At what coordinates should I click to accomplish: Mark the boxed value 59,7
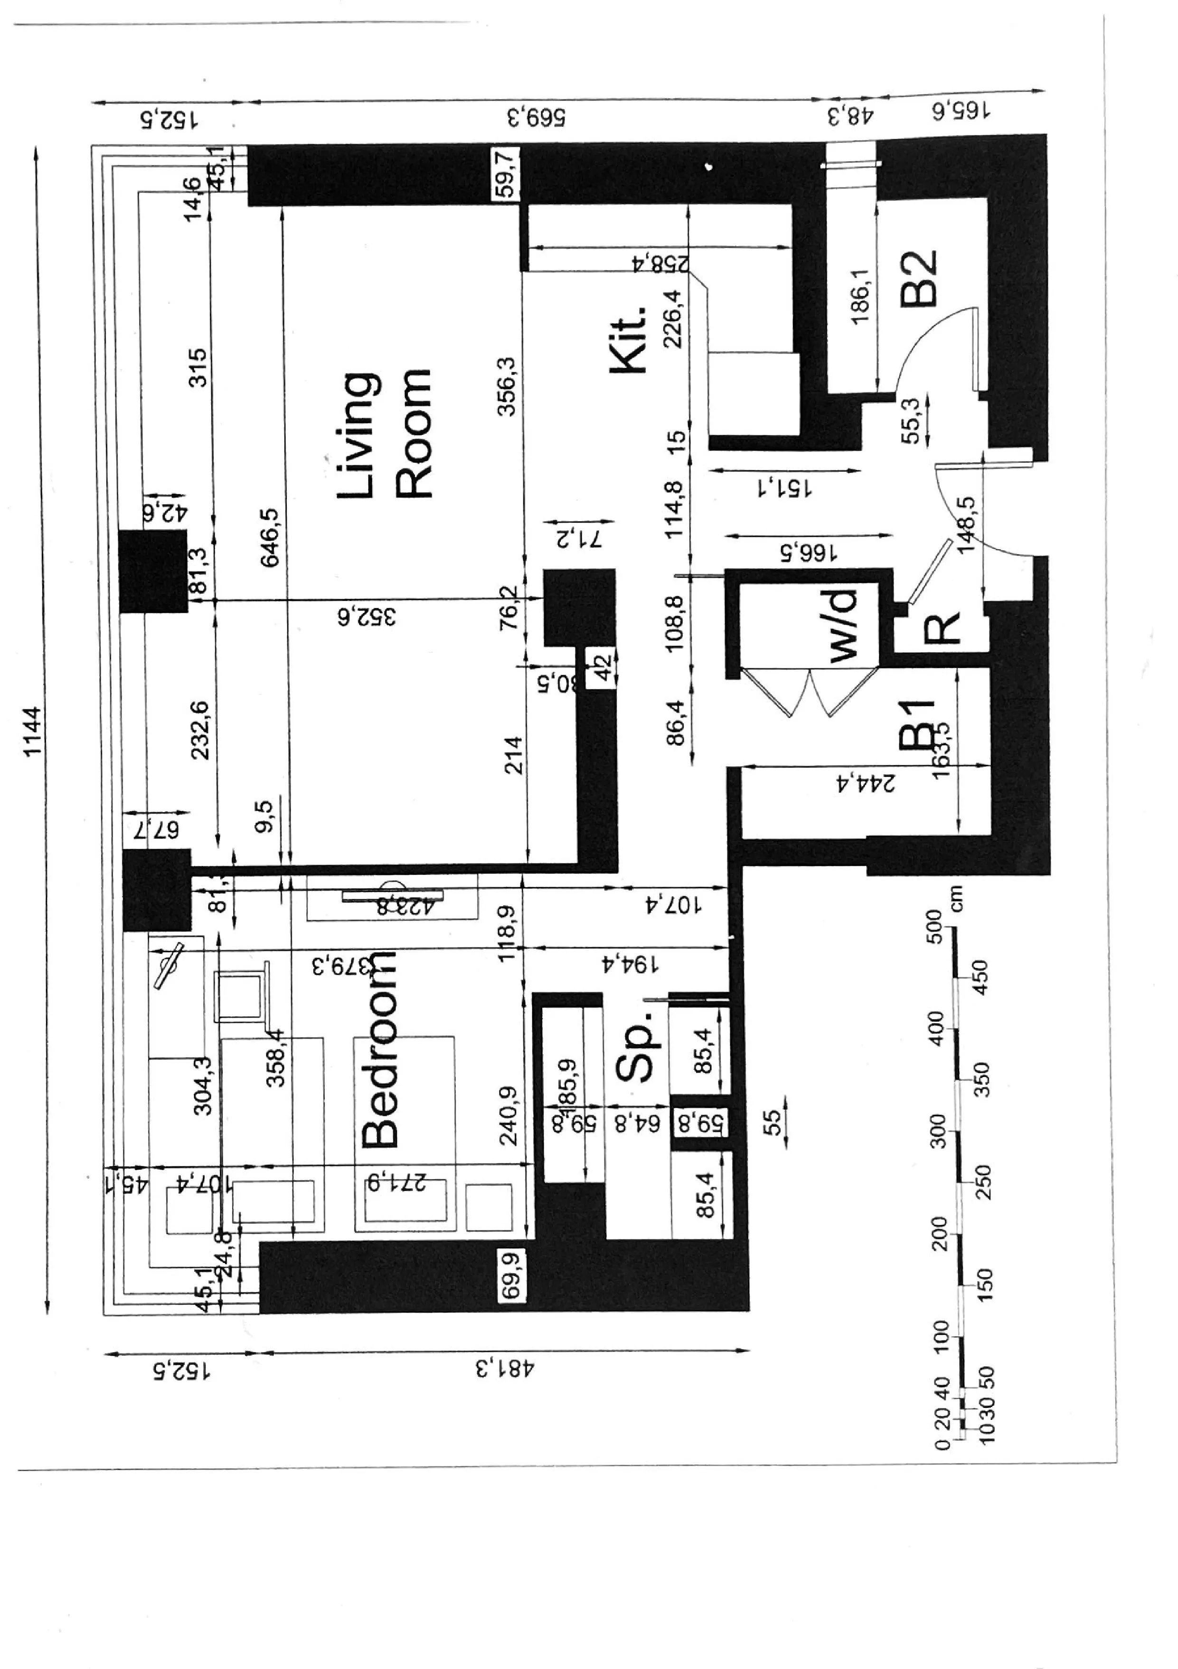pyautogui.click(x=506, y=173)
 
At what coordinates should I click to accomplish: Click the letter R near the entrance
pyautogui.click(x=942, y=628)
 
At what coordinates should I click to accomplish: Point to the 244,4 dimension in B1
pyautogui.click(x=865, y=782)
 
